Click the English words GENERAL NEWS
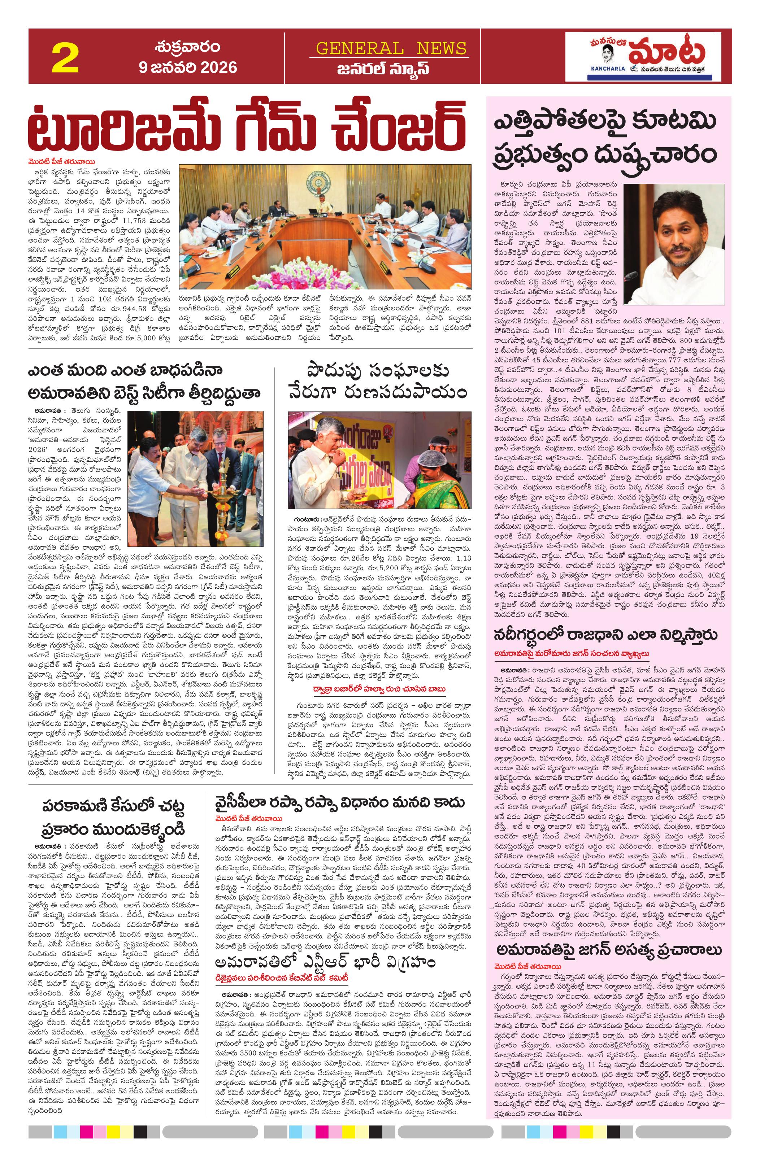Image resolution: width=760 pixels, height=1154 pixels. (391, 48)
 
